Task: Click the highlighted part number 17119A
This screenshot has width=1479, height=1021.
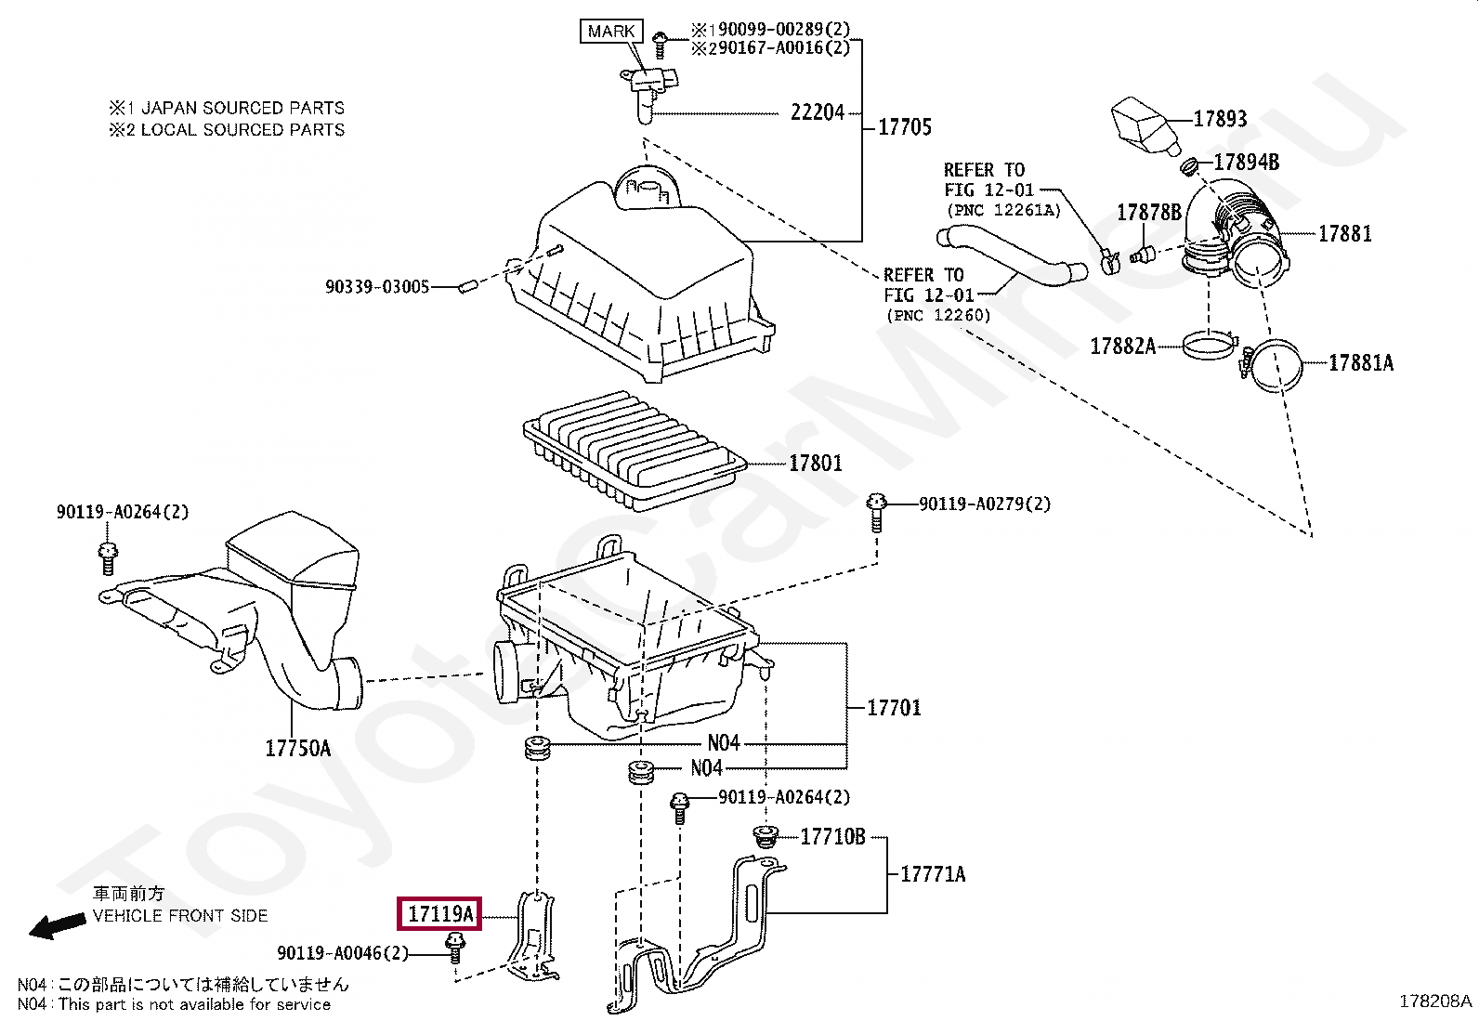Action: point(439,913)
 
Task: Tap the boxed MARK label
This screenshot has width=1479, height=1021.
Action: point(610,31)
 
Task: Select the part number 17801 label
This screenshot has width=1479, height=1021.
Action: point(816,463)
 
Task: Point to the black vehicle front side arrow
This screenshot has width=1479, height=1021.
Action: point(57,926)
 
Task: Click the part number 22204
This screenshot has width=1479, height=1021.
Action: point(818,113)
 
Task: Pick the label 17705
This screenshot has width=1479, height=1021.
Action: point(905,126)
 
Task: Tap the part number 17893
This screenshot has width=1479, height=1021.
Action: point(1220,119)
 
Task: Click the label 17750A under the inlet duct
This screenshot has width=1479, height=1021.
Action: point(298,748)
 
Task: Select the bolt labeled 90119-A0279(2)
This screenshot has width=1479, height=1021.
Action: point(876,512)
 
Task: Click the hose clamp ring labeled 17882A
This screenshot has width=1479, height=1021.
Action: point(1210,346)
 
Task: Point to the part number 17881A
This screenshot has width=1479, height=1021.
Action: point(1361,362)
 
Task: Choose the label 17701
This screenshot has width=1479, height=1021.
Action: point(894,708)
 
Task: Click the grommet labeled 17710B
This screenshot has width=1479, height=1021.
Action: point(766,837)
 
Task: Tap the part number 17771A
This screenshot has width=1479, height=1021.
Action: point(933,874)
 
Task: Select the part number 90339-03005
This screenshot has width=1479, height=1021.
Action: point(377,287)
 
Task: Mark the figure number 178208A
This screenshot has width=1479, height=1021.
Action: point(1435,1001)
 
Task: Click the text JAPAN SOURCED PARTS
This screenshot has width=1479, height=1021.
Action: point(243,108)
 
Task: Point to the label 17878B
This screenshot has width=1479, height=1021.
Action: point(1149,213)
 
